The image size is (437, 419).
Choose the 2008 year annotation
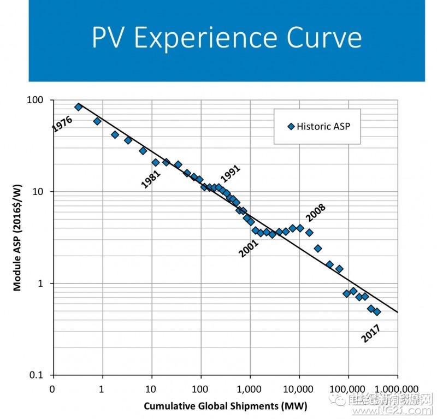click(315, 213)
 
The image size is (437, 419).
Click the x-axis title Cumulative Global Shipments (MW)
click(225, 406)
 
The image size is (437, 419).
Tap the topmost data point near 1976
click(78, 107)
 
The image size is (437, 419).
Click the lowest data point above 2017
click(377, 311)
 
